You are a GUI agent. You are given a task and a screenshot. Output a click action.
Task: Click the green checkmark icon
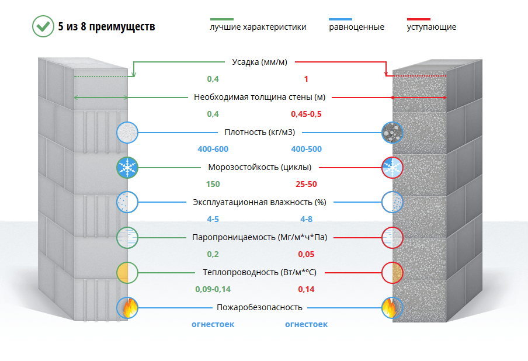coord(43,26)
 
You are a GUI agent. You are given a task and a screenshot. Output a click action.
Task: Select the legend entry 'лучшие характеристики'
coord(258,27)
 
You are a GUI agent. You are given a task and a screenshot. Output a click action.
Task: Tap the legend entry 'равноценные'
coord(357,27)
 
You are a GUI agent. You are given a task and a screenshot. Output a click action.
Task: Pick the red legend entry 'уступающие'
coord(432,27)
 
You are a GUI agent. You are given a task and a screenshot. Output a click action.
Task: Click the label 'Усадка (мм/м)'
coord(260,62)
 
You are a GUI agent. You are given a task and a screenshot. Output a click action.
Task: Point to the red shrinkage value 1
coord(306,79)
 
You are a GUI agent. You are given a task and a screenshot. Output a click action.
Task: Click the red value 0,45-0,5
coord(306,114)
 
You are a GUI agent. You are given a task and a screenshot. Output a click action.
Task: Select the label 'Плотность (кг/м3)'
coord(260,132)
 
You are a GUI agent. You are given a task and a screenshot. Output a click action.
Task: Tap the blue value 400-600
coord(213,149)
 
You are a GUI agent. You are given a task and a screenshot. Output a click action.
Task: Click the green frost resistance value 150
coord(213,184)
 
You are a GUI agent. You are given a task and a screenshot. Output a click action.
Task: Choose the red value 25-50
coord(306,184)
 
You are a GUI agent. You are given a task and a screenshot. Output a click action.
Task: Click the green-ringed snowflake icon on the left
coord(127,168)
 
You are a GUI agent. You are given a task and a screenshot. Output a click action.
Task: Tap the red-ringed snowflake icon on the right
coord(392,168)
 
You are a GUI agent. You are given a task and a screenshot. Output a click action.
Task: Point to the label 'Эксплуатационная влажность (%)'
coord(259,202)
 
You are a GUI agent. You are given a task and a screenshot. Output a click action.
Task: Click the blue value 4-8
coord(306,219)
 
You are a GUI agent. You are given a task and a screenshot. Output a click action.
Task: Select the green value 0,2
coord(213,254)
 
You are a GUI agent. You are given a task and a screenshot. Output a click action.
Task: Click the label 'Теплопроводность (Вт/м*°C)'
coord(260,272)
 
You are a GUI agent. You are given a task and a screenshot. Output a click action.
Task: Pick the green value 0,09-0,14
coord(213,289)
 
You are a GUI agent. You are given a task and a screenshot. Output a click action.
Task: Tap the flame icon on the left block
coord(127,307)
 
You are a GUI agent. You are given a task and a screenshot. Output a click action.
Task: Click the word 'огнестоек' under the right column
coord(306,324)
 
